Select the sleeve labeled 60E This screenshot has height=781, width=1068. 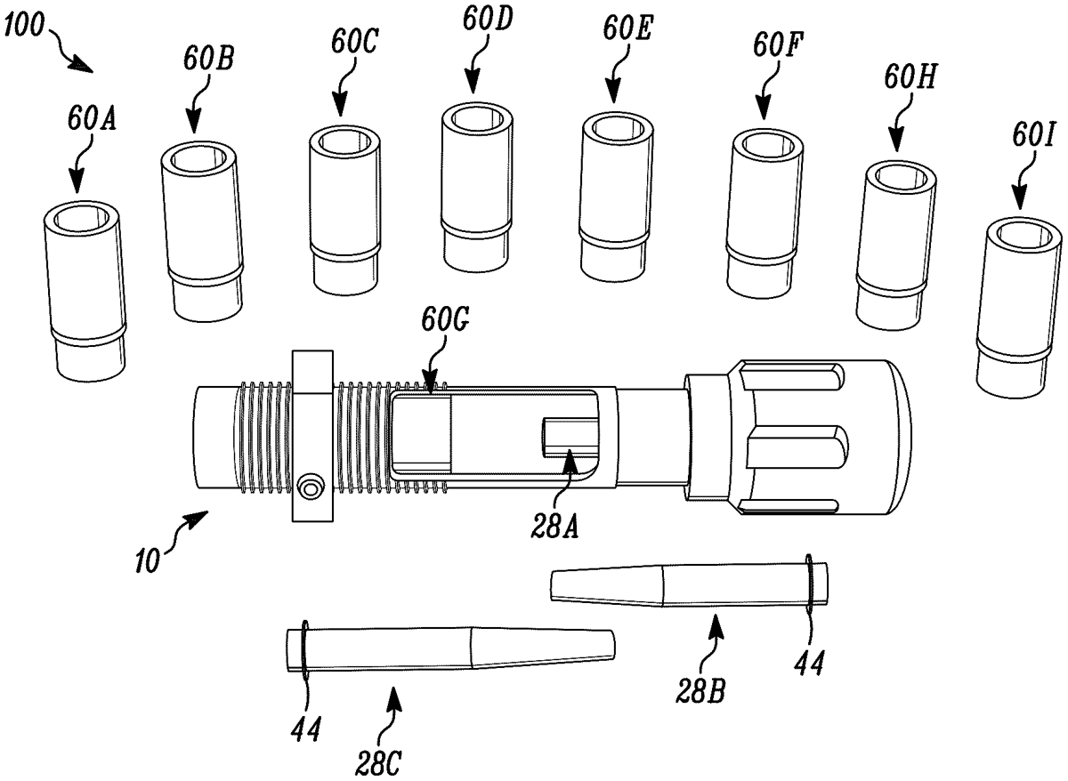click(613, 196)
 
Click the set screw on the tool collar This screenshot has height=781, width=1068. click(311, 488)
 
